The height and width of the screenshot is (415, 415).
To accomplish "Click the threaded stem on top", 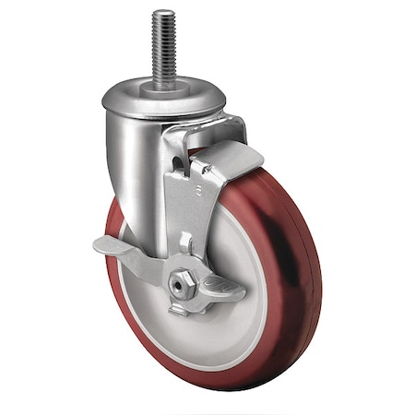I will click(x=163, y=46).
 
